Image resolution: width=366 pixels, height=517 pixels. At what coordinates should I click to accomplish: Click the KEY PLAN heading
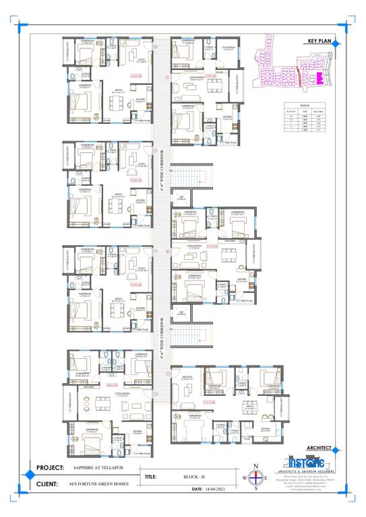[x=321, y=41]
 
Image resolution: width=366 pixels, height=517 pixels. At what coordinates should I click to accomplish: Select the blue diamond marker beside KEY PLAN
[x=341, y=42]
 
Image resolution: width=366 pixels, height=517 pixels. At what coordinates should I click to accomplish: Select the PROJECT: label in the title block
[x=50, y=467]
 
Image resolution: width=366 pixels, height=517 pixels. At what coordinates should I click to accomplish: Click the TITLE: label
[x=151, y=477]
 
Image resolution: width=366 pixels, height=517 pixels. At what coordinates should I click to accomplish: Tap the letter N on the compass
[x=255, y=466]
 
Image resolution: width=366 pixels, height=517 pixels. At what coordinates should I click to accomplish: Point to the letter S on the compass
[x=255, y=489]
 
